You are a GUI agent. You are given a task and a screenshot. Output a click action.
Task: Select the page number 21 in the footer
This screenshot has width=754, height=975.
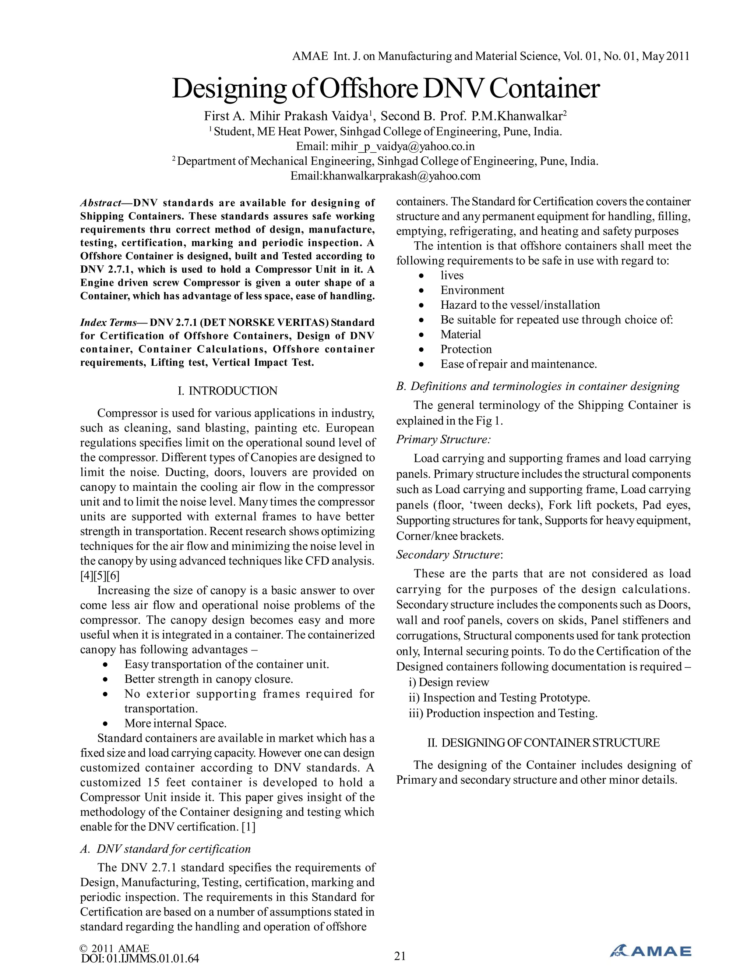pyautogui.click(x=400, y=956)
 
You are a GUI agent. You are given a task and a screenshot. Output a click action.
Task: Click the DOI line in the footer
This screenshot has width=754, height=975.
pyautogui.click(x=140, y=958)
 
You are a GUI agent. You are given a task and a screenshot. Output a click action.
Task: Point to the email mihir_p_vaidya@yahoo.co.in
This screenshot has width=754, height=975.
pyautogui.click(x=402, y=146)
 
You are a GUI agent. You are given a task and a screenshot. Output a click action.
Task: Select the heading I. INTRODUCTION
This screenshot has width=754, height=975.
pyautogui.click(x=228, y=391)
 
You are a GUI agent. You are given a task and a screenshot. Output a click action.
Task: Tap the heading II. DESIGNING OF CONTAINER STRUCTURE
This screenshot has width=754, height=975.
pyautogui.click(x=543, y=742)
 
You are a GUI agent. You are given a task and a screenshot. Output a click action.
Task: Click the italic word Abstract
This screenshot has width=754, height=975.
pyautogui.click(x=101, y=203)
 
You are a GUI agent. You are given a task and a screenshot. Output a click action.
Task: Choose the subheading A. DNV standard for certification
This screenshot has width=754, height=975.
pyautogui.click(x=165, y=849)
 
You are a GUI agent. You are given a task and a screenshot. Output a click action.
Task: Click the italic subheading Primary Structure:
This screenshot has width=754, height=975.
pyautogui.click(x=443, y=439)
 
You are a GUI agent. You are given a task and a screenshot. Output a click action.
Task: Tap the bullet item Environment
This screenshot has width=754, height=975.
pyautogui.click(x=472, y=290)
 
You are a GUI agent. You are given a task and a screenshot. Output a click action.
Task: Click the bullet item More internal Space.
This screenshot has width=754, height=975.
pyautogui.click(x=175, y=723)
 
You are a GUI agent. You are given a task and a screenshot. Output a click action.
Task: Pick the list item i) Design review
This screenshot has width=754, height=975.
pyautogui.click(x=449, y=682)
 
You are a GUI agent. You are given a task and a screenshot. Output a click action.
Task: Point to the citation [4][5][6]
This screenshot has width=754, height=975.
pyautogui.click(x=100, y=576)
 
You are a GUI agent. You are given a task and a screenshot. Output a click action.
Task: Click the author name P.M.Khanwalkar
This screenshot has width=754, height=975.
pyautogui.click(x=517, y=117)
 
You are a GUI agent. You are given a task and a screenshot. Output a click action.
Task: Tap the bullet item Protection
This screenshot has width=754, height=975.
pyautogui.click(x=466, y=349)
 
